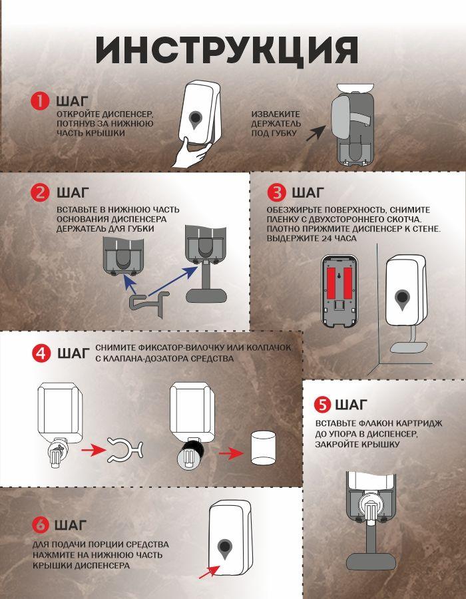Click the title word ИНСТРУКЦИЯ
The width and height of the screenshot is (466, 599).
pyautogui.click(x=227, y=51)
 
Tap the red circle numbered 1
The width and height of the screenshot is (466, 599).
pyautogui.click(x=40, y=101)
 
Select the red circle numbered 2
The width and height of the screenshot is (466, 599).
pyautogui.click(x=41, y=193)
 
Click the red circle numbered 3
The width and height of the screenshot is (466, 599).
pyautogui.click(x=276, y=193)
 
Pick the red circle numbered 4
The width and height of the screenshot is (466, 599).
pyautogui.click(x=41, y=353)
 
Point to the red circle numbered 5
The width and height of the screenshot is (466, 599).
pyautogui.click(x=323, y=405)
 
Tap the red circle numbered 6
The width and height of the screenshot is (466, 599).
pyautogui.click(x=41, y=525)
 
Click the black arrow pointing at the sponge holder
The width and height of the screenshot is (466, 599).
pyautogui.click(x=316, y=134)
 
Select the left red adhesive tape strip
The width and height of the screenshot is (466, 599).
pyautogui.click(x=331, y=283)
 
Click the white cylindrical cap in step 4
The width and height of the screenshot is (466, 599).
pyautogui.click(x=263, y=447)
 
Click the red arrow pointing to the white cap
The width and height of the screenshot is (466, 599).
pyautogui.click(x=231, y=453)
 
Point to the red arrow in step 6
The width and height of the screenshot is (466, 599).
pyautogui.click(x=209, y=572)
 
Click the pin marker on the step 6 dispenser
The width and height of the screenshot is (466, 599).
pyautogui.click(x=225, y=550)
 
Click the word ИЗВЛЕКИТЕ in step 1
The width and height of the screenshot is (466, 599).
pyautogui.click(x=276, y=114)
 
